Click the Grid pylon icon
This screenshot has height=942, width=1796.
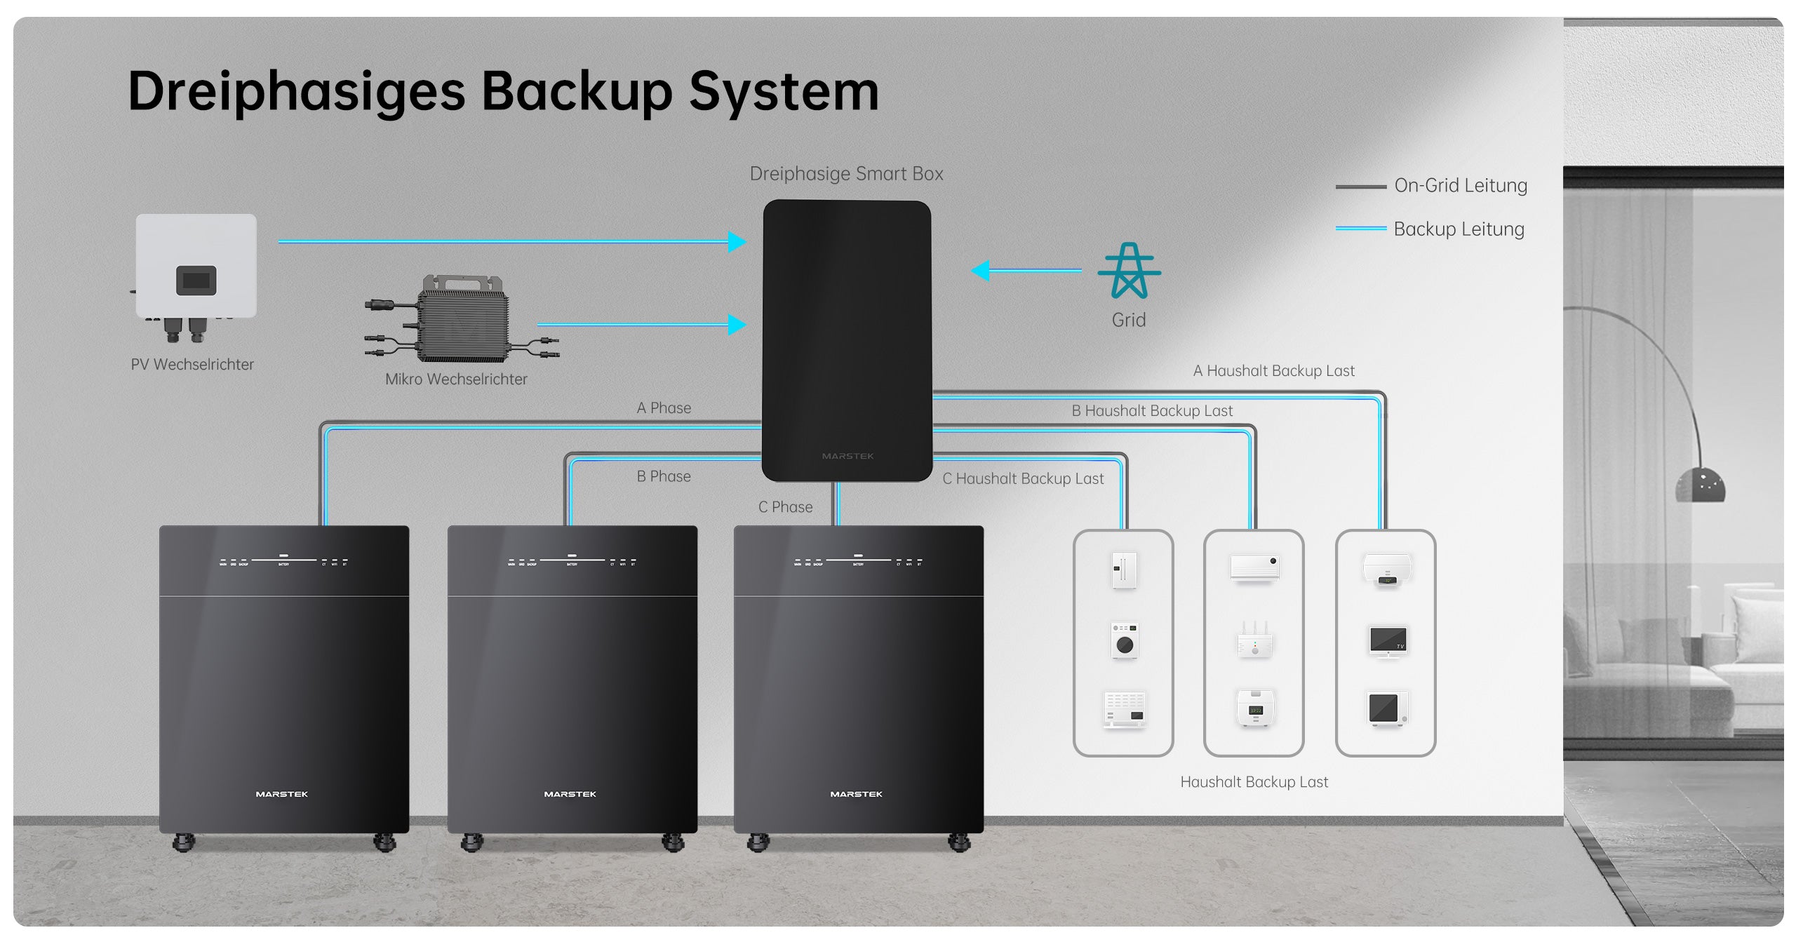coord(1129,271)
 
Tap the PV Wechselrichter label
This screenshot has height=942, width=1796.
coord(192,365)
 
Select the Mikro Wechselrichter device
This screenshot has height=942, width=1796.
coord(461,321)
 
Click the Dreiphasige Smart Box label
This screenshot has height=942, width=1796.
coord(846,174)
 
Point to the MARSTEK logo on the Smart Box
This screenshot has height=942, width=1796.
coord(847,457)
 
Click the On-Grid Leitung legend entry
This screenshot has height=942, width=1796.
coord(1460,186)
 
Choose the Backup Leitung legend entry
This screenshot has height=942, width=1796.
coord(1459,229)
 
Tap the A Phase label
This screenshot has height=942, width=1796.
coord(664,408)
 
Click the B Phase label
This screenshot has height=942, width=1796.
coord(664,477)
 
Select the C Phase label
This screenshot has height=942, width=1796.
coord(785,507)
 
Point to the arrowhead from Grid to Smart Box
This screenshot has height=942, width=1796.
coord(981,271)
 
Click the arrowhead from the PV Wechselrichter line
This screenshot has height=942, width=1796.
coord(737,242)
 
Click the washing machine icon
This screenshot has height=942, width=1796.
coord(1125,640)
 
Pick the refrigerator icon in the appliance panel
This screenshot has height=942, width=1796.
coord(1124,570)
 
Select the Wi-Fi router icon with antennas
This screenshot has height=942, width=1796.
coord(1255,640)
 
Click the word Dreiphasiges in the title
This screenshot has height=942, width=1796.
coord(297,92)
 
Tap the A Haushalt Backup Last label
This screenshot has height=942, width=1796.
coord(1273,371)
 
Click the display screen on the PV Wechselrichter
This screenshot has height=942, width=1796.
coord(196,281)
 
